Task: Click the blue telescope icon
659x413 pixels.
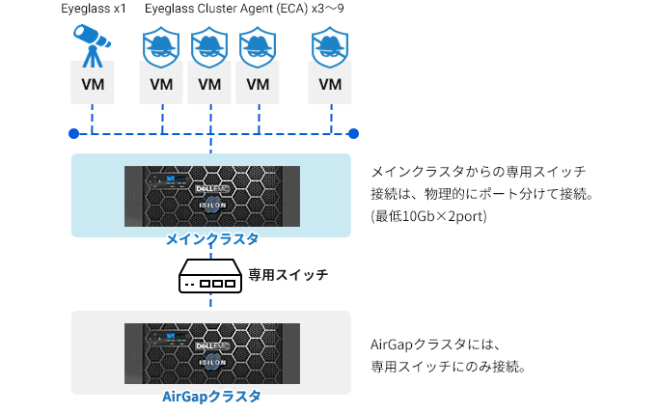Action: tap(92, 45)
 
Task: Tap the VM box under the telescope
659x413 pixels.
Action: tap(93, 82)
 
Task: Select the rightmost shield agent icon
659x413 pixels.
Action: tap(330, 47)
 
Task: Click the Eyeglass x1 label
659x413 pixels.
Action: tap(94, 9)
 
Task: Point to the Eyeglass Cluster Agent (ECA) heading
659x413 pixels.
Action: tap(244, 9)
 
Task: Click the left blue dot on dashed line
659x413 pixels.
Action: tap(74, 133)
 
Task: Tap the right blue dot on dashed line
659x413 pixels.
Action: tap(353, 133)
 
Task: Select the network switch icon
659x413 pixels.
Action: tap(210, 276)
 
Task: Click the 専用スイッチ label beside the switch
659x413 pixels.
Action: tap(288, 275)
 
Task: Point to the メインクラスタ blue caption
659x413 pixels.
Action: tap(212, 239)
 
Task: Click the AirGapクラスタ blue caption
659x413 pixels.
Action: tap(211, 397)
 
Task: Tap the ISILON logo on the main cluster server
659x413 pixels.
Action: tap(212, 206)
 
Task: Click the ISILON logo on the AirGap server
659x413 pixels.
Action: tap(212, 363)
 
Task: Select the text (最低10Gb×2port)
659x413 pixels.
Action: tap(428, 216)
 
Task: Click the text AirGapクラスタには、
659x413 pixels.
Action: tap(435, 344)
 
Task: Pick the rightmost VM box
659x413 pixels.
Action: tap(330, 82)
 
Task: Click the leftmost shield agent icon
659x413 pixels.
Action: tap(161, 47)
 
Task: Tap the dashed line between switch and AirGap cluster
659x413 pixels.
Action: tap(210, 301)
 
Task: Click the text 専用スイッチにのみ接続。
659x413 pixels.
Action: tap(448, 367)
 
